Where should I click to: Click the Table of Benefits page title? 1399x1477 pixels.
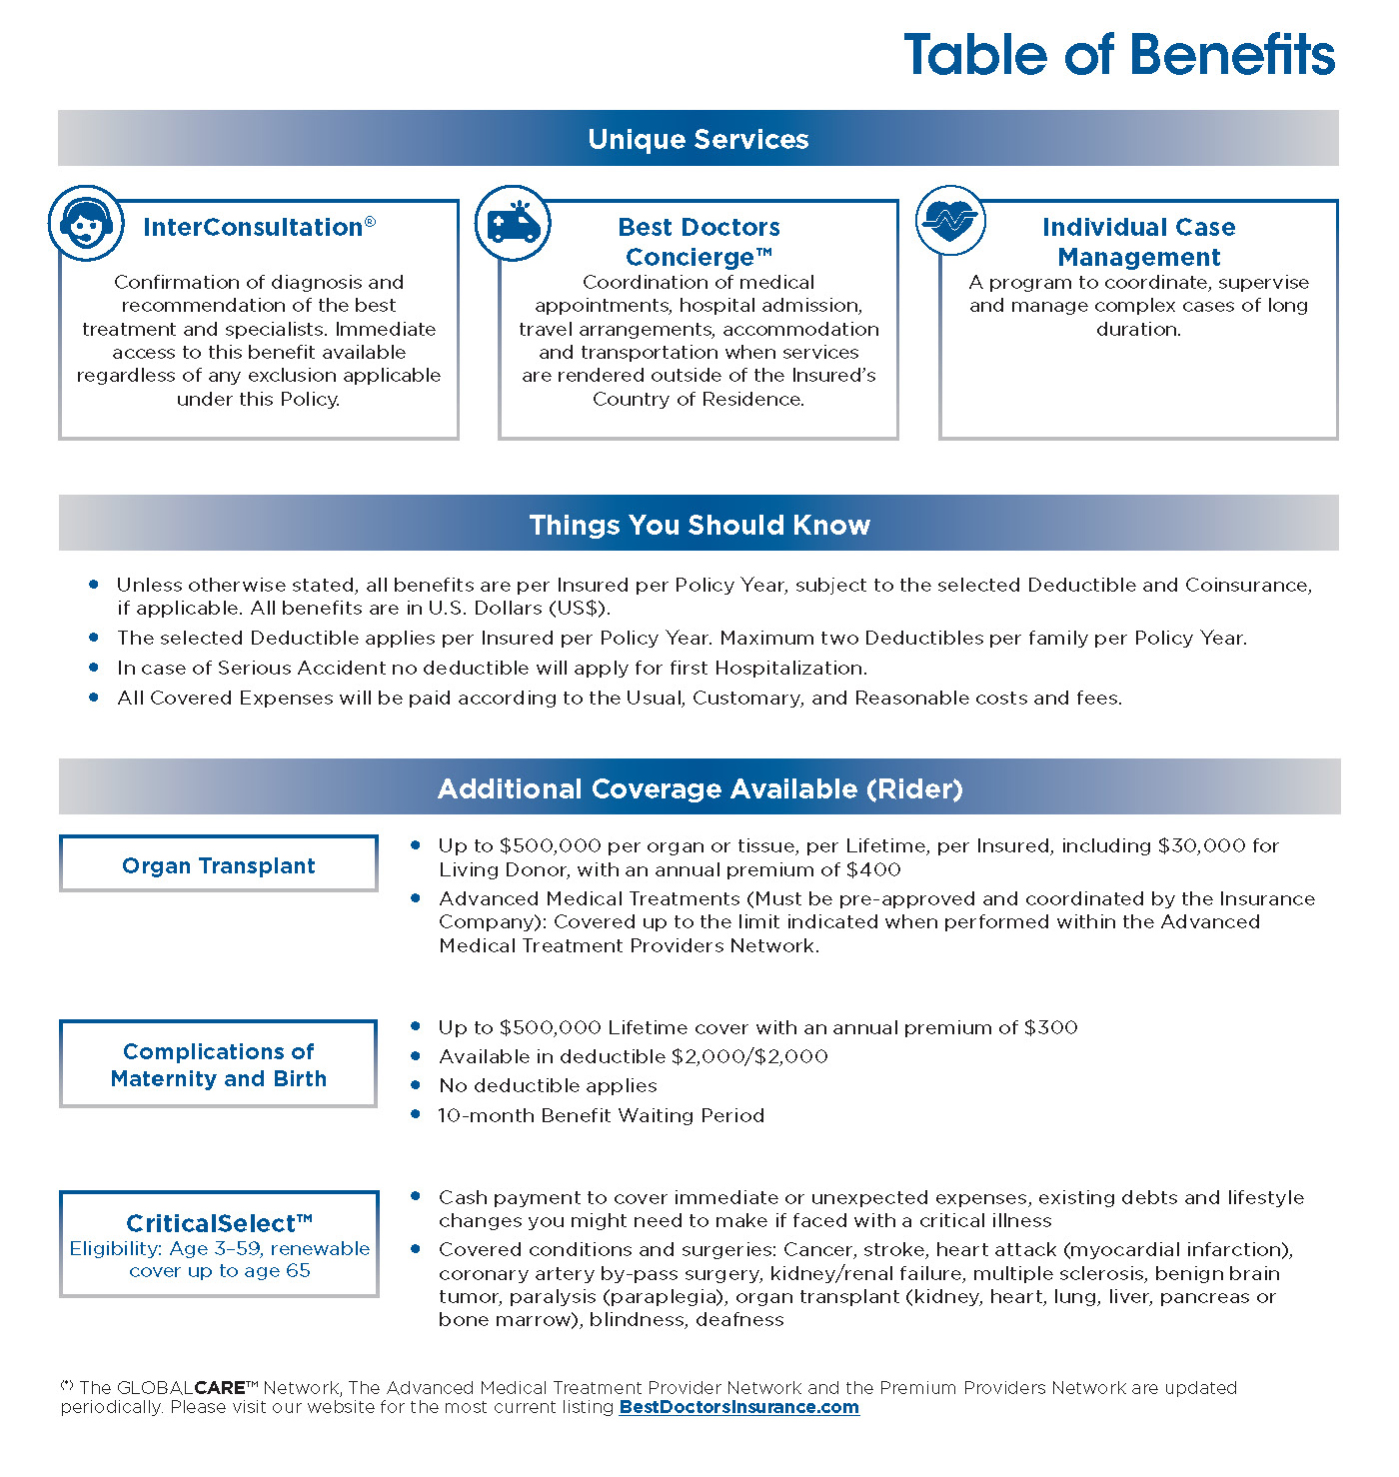tap(1119, 54)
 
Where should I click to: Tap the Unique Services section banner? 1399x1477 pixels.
tap(699, 139)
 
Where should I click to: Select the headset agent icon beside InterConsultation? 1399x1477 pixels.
tap(87, 223)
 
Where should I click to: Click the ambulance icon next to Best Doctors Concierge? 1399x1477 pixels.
tap(513, 223)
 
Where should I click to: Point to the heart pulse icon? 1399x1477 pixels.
tap(950, 221)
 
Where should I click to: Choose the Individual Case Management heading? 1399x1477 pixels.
tap(1138, 242)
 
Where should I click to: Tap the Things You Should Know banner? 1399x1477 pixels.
tap(699, 525)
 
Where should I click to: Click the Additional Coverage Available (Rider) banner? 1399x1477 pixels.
tap(699, 788)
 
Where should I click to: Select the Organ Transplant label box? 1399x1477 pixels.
tap(219, 865)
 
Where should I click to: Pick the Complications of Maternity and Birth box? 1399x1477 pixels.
tap(219, 1064)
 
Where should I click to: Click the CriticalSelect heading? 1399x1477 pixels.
tap(219, 1223)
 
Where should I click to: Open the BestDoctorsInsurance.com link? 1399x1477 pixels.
tap(738, 1407)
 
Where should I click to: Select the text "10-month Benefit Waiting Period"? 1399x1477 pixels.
tap(601, 1115)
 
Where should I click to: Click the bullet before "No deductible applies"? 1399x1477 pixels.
tap(416, 1084)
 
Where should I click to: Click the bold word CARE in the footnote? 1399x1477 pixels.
tap(220, 1388)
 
